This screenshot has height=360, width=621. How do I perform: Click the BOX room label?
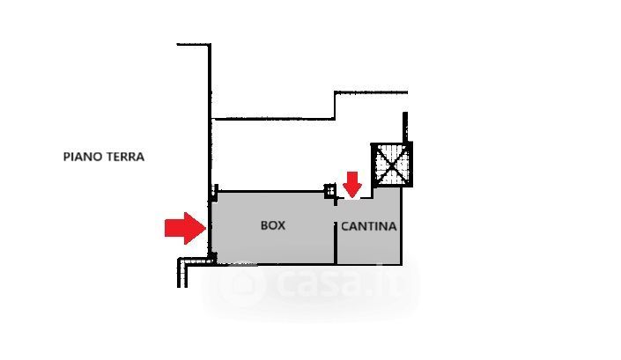coord(273,225)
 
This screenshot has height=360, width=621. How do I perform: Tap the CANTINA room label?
coord(369,226)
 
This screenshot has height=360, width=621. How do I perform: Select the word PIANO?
coord(83,157)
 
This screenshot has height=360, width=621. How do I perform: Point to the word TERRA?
coord(125,157)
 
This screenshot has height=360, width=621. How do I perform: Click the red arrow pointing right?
coord(185,228)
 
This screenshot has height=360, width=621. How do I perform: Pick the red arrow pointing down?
coord(351,185)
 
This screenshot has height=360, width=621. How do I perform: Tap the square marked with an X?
coord(392,165)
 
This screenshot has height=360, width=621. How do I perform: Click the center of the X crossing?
coord(392,165)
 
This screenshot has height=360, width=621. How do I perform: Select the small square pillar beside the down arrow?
coord(330,191)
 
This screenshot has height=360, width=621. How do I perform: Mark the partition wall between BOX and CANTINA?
coord(336,243)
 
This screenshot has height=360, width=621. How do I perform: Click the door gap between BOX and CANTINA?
coord(336,214)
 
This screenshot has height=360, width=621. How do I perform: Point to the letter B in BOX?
coord(264,225)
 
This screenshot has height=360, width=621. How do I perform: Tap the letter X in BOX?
coord(282,225)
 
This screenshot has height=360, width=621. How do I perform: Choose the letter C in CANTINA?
coord(345,226)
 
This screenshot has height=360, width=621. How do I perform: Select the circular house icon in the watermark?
coord(241,282)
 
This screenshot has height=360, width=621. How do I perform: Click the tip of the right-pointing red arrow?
coord(206,228)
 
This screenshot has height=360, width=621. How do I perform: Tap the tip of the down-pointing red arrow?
coord(351,197)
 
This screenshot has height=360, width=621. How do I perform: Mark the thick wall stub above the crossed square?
coord(405,128)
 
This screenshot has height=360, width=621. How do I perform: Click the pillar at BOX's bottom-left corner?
coord(212,258)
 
